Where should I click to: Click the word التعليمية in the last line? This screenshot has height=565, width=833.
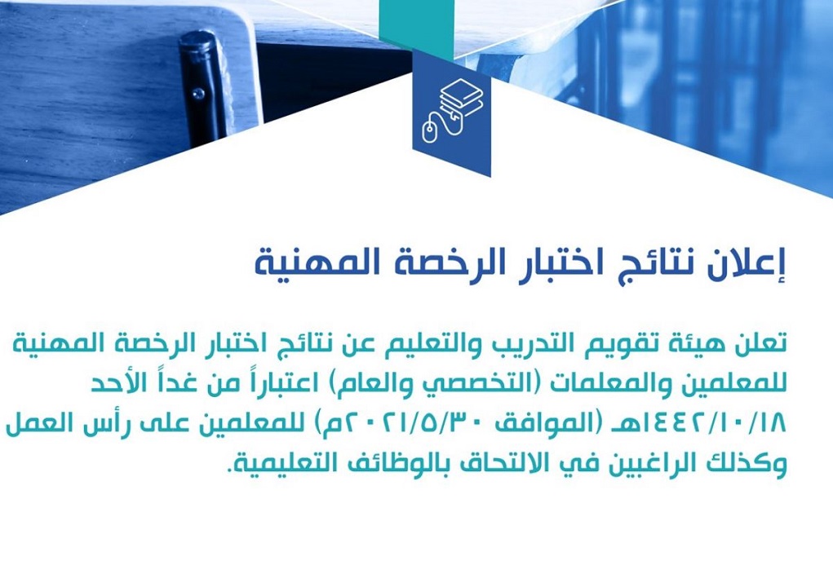277,464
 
